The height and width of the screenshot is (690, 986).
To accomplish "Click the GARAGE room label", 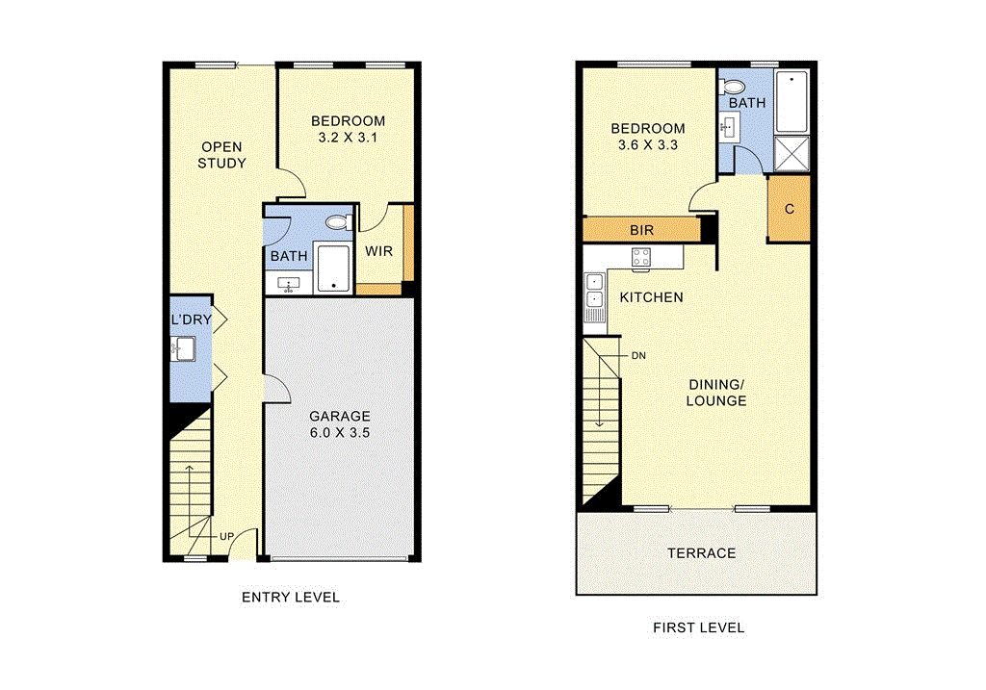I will pos(339,416).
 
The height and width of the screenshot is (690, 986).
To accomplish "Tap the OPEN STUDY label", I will pos(221,155).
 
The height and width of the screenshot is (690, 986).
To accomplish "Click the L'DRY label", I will pos(191,319).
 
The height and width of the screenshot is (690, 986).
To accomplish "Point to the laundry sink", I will pos(184,348).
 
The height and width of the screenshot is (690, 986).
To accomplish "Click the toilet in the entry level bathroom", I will pos(338,222).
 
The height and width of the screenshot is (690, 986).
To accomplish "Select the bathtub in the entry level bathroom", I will pos(333,268).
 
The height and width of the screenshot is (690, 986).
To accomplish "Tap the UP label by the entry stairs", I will pos(227,535).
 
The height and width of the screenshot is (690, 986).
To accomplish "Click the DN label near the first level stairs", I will pos(637,355).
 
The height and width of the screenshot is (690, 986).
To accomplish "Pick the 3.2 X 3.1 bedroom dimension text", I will pos(348,138).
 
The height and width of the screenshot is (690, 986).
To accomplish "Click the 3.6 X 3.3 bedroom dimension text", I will pos(648,145).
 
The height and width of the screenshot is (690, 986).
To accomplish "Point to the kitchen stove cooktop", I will pos(641,257).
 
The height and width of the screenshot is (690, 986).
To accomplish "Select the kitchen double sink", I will pos(594,290).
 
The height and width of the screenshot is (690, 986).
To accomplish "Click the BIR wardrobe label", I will pos(642,231).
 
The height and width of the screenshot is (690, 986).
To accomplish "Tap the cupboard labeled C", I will pos(790,208).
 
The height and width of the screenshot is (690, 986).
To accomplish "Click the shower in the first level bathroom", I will pos(793,152).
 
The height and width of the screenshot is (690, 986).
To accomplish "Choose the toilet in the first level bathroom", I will pos(735,84).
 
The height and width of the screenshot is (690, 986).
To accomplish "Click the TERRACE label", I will pos(702,553).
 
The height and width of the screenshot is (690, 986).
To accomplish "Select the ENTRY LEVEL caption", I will pos(290,597).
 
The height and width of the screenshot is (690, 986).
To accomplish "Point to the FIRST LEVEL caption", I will pos(698,627).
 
